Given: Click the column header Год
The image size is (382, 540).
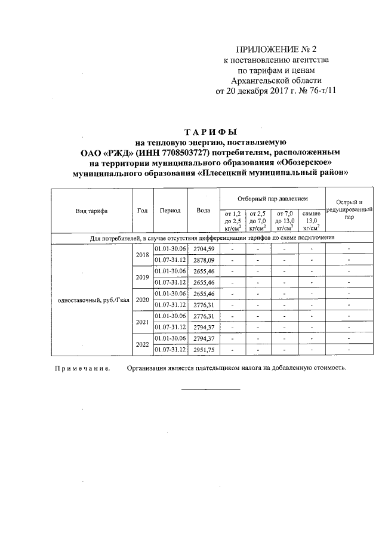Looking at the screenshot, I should (x=142, y=210).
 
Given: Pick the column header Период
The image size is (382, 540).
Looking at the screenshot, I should (x=170, y=210).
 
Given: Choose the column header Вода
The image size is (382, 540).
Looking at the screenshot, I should (x=203, y=210).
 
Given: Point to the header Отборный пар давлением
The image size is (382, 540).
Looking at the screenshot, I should (x=271, y=197).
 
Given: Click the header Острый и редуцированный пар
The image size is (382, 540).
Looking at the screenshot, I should (x=349, y=210).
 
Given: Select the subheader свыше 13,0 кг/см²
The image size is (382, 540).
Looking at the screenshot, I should (x=311, y=220).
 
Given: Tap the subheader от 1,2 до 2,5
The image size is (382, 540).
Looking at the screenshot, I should (x=232, y=220).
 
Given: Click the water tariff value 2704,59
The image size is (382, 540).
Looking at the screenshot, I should (x=204, y=249).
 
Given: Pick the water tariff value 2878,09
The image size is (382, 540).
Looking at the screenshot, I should (x=204, y=260).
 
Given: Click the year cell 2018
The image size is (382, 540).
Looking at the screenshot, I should (x=142, y=254).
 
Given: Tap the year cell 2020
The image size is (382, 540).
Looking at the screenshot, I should (x=142, y=299).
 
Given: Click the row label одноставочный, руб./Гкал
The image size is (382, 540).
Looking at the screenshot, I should (x=93, y=300).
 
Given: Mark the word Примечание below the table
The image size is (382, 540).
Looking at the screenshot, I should (x=82, y=368).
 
